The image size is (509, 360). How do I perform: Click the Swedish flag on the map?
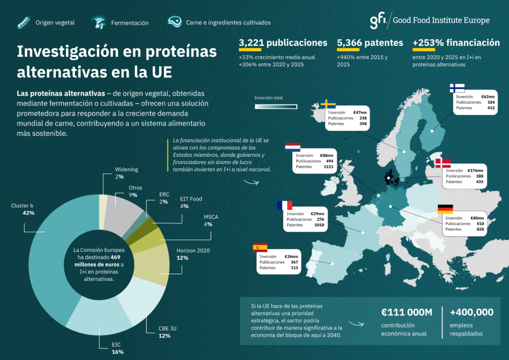(328, 104)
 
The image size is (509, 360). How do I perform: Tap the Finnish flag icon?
(457, 88)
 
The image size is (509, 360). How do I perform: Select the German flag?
(445, 209)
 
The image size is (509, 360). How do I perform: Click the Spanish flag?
(260, 247)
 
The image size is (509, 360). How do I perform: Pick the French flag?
(285, 205)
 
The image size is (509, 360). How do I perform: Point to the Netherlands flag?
(292, 147)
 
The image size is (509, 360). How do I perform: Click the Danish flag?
(443, 163)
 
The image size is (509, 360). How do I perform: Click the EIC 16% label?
(117, 348)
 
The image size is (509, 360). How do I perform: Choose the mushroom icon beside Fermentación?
(99, 22)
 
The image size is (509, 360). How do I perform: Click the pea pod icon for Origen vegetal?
(24, 22)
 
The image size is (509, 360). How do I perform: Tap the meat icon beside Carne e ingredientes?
(174, 22)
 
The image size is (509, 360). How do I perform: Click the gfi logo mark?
(378, 20)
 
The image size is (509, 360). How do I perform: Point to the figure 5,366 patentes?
(370, 43)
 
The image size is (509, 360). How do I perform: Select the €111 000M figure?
(407, 312)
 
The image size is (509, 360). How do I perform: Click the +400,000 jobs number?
(471, 312)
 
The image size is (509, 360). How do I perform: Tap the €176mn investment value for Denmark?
(475, 171)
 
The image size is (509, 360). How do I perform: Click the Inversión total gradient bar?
(276, 106)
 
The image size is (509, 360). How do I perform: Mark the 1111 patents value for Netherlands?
(328, 167)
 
